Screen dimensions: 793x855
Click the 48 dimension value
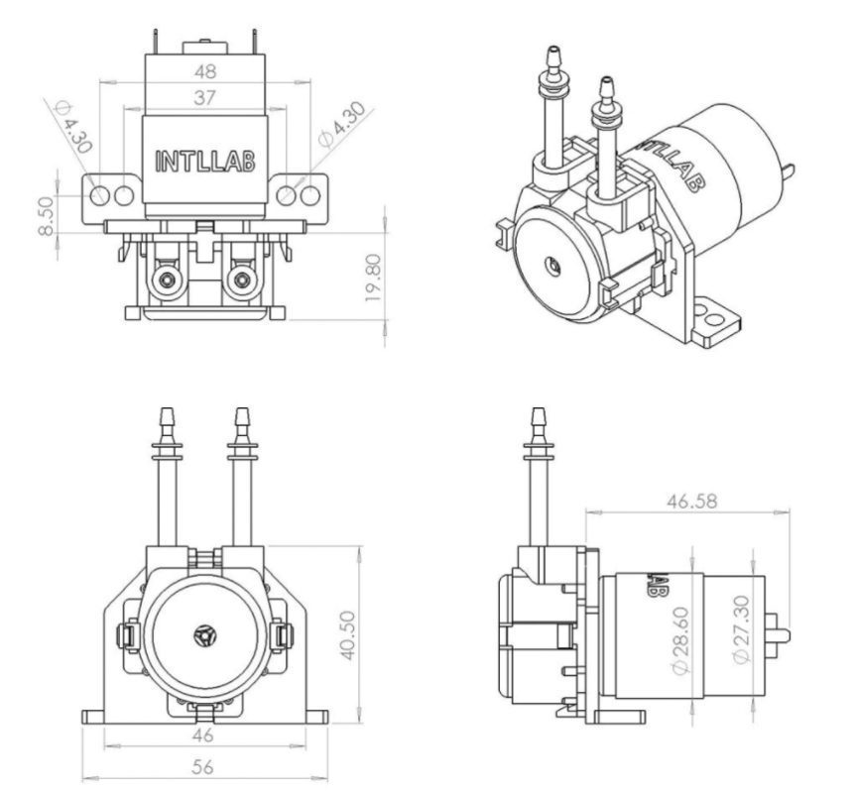click(204, 72)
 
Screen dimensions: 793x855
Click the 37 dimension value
click(204, 97)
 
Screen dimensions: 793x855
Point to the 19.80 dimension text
click(372, 279)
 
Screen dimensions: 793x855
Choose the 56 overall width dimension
click(203, 766)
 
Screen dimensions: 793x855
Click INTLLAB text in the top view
click(205, 161)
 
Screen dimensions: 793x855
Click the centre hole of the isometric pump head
click(551, 266)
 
